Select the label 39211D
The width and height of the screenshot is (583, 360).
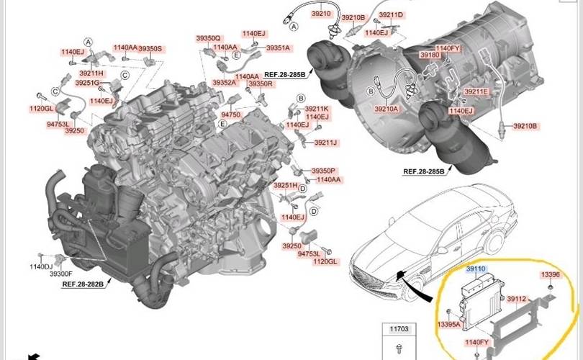point(390,14)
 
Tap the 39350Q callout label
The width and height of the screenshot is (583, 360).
point(208,37)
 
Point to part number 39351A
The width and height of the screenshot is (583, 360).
point(277,48)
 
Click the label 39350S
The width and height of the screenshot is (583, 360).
point(150,48)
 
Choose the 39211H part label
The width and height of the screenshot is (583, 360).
point(91,73)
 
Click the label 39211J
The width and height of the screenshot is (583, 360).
point(325,143)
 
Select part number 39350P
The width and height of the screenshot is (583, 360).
point(323,171)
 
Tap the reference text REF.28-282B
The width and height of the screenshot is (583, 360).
point(83,284)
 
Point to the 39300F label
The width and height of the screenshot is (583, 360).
point(60,274)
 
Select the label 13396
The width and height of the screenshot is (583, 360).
point(550,274)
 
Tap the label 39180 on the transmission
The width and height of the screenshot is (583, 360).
point(430,55)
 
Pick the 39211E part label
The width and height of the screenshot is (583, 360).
point(476,91)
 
